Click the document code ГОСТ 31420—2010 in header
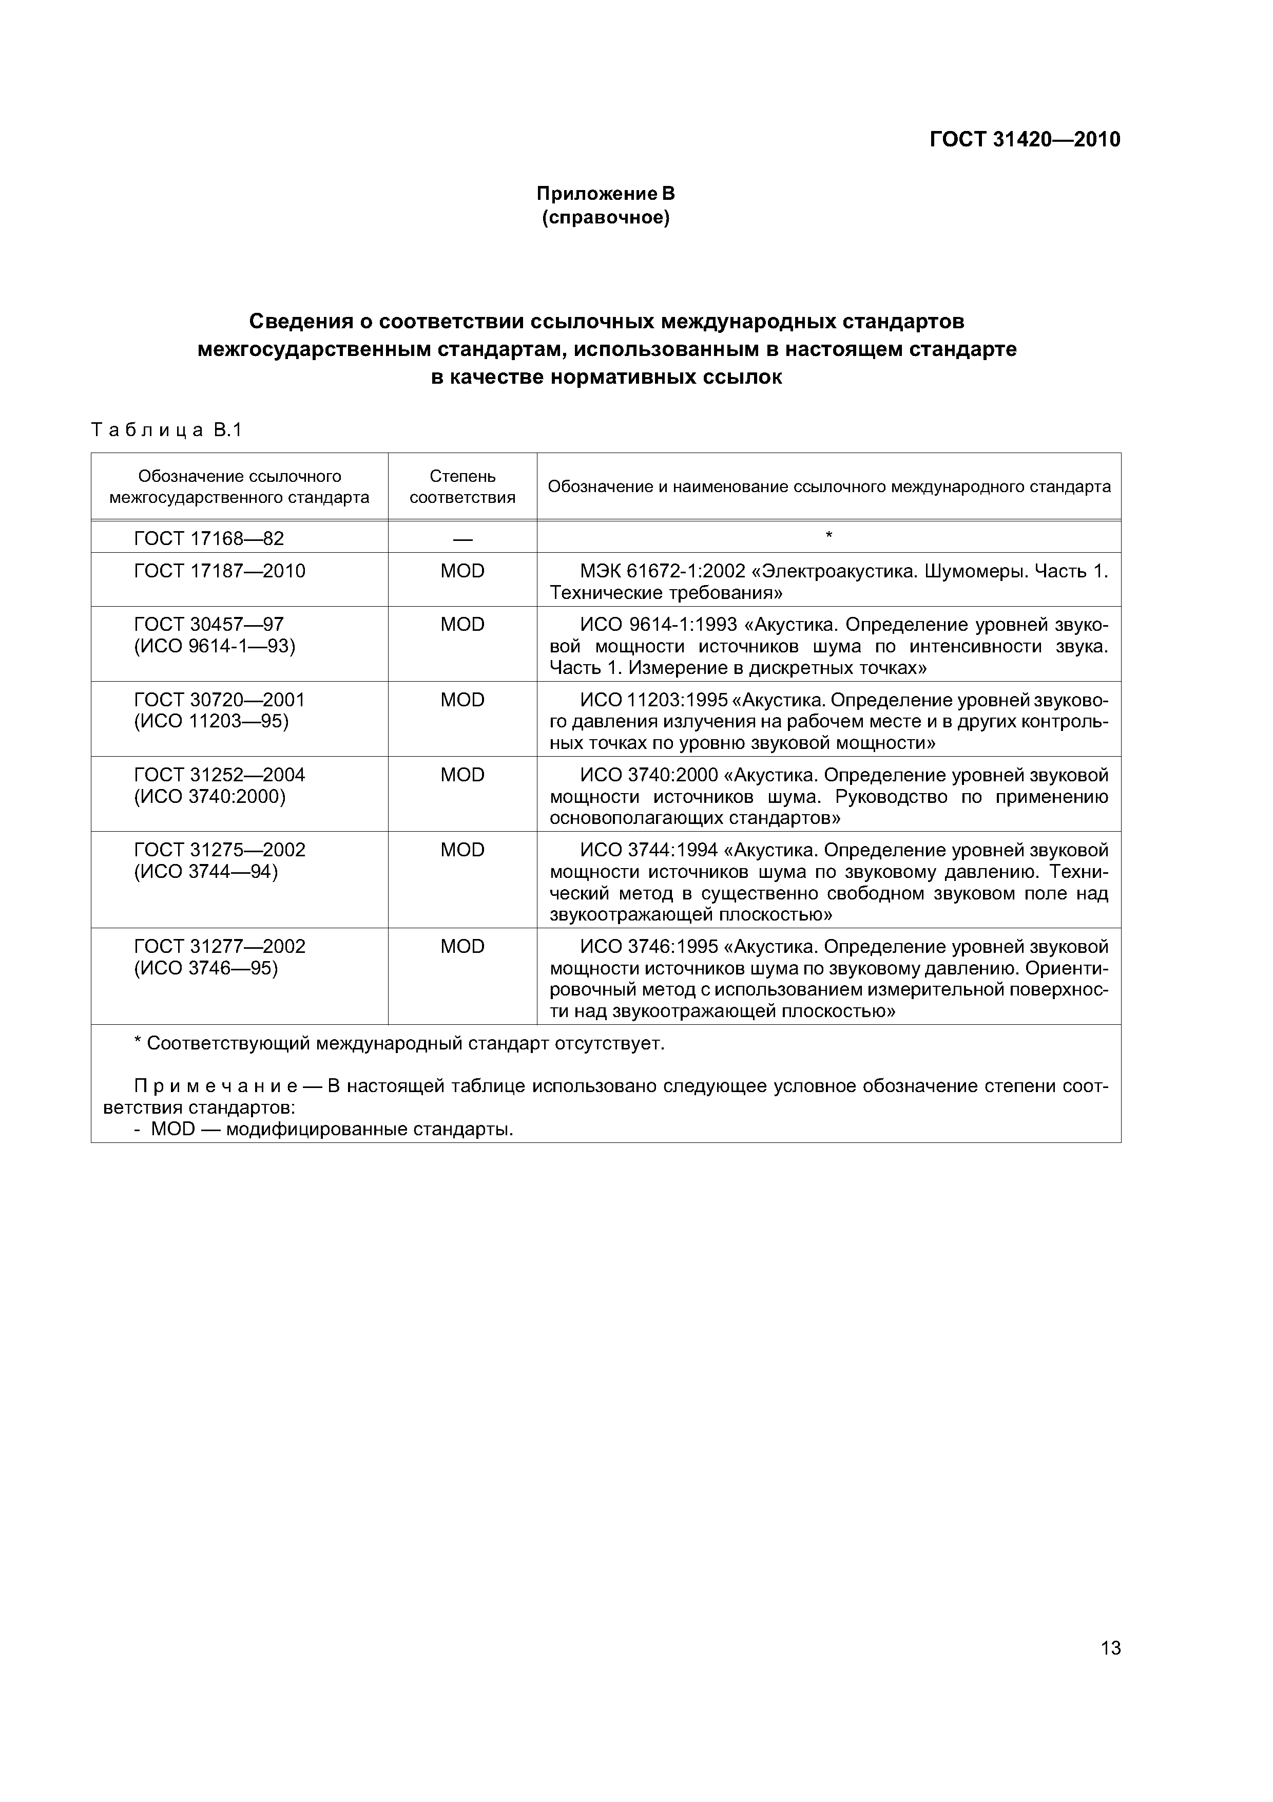[1025, 140]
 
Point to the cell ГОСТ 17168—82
[208, 538]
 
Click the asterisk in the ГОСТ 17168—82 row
[828, 536]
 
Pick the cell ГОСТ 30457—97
[208, 624]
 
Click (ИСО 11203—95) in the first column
[212, 721]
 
